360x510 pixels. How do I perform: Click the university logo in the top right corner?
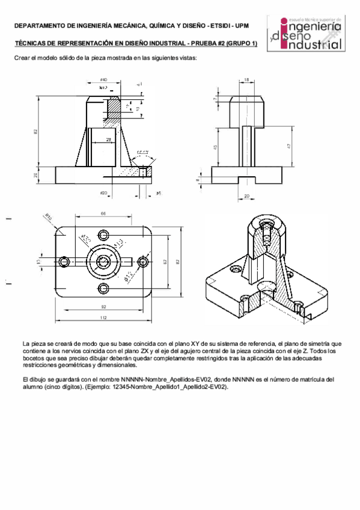pyautogui.click(x=307, y=34)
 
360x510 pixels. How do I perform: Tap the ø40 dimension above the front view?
pyautogui.click(x=103, y=79)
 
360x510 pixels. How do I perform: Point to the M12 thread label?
pyautogui.click(x=103, y=88)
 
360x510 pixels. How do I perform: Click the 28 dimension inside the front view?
pyautogui.click(x=108, y=140)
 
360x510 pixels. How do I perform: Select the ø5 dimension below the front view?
pyautogui.click(x=157, y=193)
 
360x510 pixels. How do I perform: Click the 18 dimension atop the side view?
pyautogui.click(x=246, y=79)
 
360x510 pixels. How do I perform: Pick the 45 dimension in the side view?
pyautogui.click(x=217, y=147)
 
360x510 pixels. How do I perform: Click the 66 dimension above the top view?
pyautogui.click(x=103, y=214)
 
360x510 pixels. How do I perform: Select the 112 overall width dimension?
pyautogui.click(x=103, y=318)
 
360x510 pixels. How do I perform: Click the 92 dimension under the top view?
pyautogui.click(x=103, y=307)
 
